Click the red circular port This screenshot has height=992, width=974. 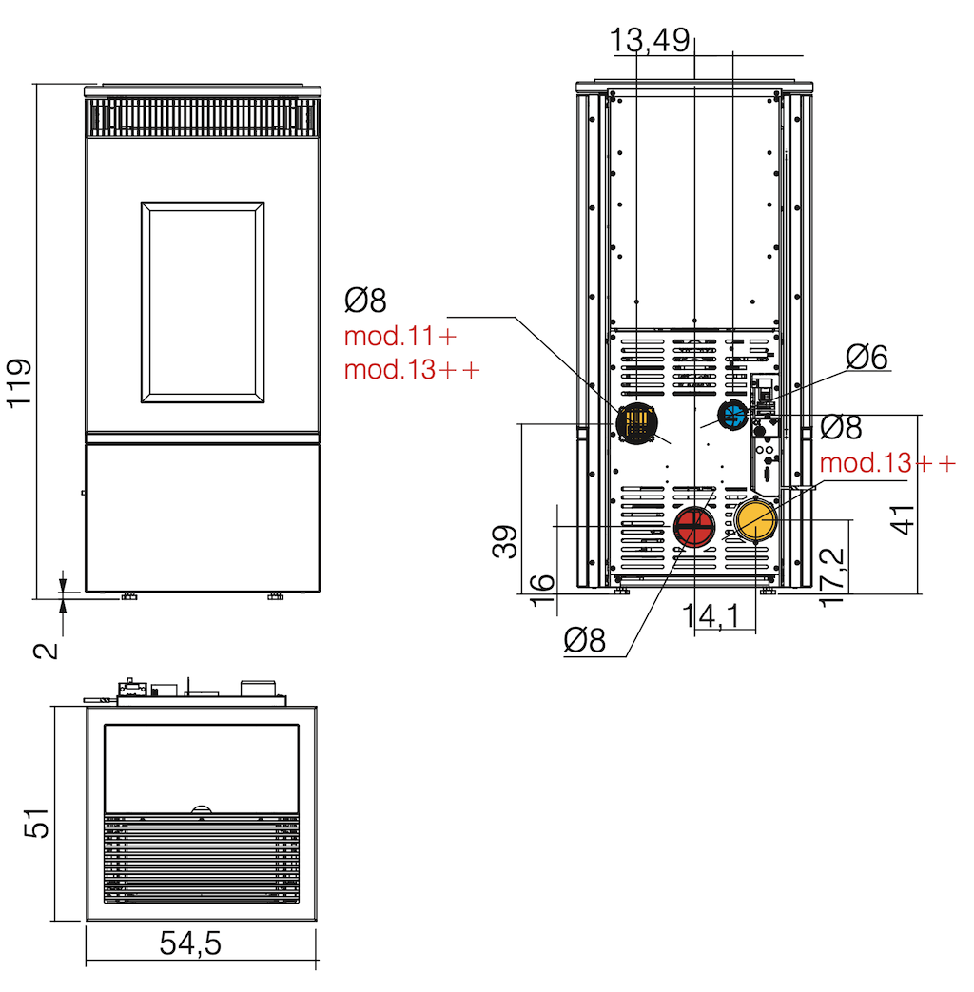[693, 526]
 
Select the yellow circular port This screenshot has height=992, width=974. [755, 519]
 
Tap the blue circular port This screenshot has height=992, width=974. [733, 416]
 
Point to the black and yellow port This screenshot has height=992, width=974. [636, 423]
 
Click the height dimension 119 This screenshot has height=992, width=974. [19, 383]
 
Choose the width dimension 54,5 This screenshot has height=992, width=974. [190, 943]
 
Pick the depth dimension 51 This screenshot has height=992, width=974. [36, 823]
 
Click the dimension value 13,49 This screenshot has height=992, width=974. [650, 41]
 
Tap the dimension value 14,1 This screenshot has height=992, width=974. [711, 615]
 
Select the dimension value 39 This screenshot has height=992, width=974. [504, 541]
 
